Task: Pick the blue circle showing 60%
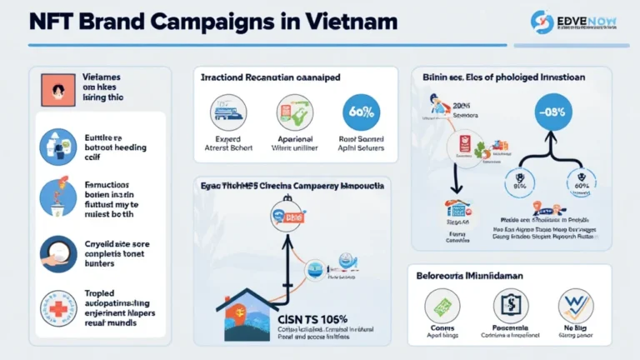(x=361, y=111)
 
